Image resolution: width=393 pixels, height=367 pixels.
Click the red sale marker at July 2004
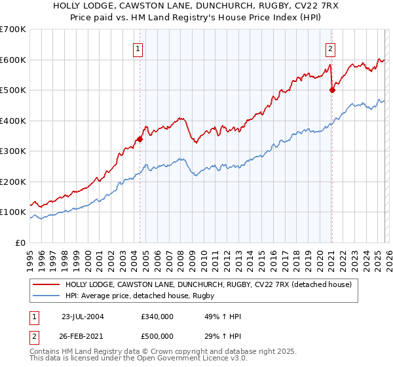click(x=140, y=139)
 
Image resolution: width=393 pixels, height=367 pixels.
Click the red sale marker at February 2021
click(x=332, y=90)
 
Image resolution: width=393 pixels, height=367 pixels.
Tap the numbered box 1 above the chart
click(x=139, y=48)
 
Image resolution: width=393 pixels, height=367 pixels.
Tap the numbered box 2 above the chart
click(x=331, y=48)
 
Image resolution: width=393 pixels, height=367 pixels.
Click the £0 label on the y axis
click(x=22, y=242)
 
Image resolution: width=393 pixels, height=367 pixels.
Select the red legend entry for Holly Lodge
click(x=208, y=284)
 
